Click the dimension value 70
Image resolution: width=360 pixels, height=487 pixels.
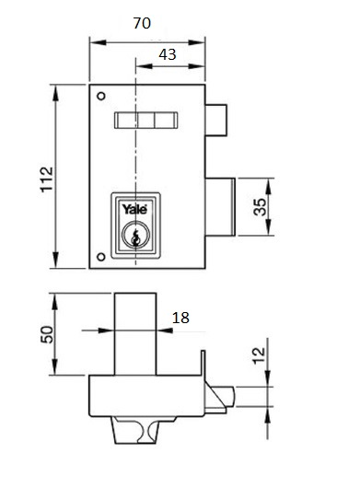(x=142, y=23)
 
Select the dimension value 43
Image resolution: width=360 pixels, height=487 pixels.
(x=168, y=54)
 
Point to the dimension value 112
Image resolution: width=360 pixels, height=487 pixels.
(x=47, y=180)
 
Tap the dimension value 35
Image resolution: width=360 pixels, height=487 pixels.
(x=260, y=207)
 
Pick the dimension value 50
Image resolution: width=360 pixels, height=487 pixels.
(x=47, y=334)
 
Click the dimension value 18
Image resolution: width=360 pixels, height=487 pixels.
(x=180, y=318)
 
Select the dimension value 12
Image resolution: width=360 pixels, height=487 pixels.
(x=259, y=355)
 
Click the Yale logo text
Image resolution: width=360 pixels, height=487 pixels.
(x=134, y=209)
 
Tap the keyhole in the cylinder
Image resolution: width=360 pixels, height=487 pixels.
(x=135, y=238)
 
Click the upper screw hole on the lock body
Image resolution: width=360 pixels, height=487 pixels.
(x=101, y=97)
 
